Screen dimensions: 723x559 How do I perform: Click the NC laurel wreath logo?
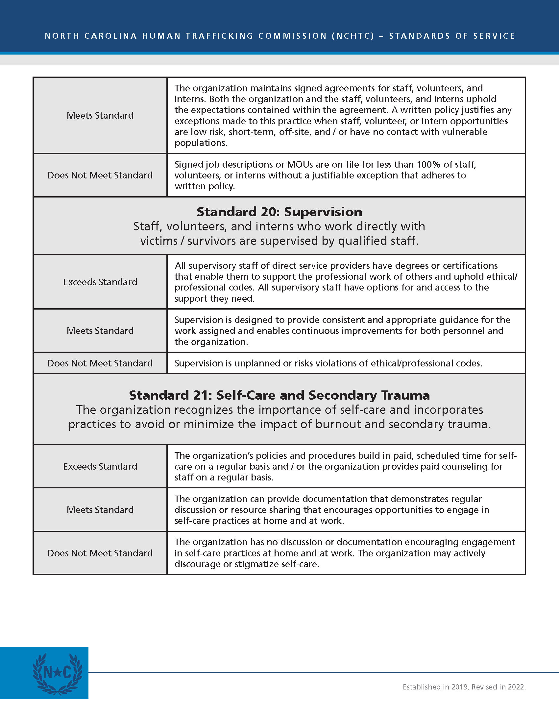(x=57, y=674)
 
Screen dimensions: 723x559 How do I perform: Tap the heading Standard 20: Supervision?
(x=279, y=212)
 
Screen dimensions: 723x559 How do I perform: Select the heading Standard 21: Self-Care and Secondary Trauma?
(x=279, y=395)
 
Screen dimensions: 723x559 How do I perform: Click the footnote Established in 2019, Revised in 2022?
(x=464, y=687)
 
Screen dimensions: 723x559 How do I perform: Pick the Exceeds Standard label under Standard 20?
(x=100, y=282)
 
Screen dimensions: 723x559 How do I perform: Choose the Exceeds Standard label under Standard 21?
(x=100, y=466)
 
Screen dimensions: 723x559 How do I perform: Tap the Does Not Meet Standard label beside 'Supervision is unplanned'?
(x=100, y=363)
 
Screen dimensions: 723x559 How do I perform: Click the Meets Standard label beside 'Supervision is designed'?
(x=100, y=331)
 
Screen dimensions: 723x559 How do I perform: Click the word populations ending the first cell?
(x=200, y=143)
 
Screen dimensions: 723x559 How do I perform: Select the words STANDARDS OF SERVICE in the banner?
(x=452, y=36)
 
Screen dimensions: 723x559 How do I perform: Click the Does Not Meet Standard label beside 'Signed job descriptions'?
(x=100, y=175)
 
